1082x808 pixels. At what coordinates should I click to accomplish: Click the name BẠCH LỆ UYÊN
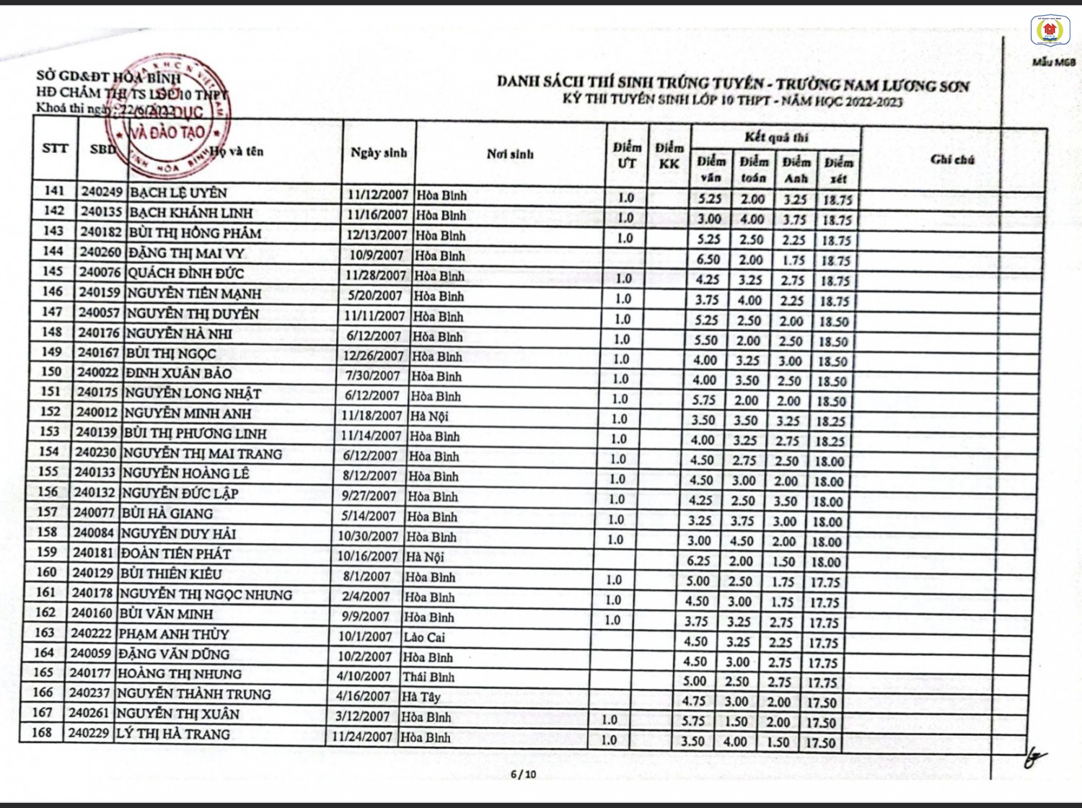[x=178, y=193]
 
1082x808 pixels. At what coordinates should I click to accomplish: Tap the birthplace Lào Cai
[x=424, y=637]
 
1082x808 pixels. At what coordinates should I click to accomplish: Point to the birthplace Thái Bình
[x=428, y=677]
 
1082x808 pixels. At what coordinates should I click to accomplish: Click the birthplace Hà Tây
[x=421, y=697]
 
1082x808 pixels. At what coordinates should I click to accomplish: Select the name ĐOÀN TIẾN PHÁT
[x=175, y=554]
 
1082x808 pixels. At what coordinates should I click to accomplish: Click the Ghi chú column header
[x=952, y=159]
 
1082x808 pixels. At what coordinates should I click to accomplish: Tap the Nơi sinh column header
[x=510, y=154]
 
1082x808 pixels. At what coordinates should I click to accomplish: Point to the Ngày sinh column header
[x=379, y=152]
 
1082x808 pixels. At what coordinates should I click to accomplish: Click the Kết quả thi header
[x=776, y=137]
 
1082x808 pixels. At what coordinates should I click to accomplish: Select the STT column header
[x=56, y=148]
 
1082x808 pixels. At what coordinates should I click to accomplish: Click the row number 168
[x=42, y=732]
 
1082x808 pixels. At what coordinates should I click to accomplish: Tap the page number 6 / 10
[x=523, y=775]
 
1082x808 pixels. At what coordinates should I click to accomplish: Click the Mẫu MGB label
[x=1053, y=62]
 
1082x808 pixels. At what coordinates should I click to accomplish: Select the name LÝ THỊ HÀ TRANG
[x=173, y=734]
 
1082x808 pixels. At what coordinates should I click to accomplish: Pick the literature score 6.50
[x=708, y=260]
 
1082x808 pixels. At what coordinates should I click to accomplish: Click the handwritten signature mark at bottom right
[x=1034, y=757]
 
